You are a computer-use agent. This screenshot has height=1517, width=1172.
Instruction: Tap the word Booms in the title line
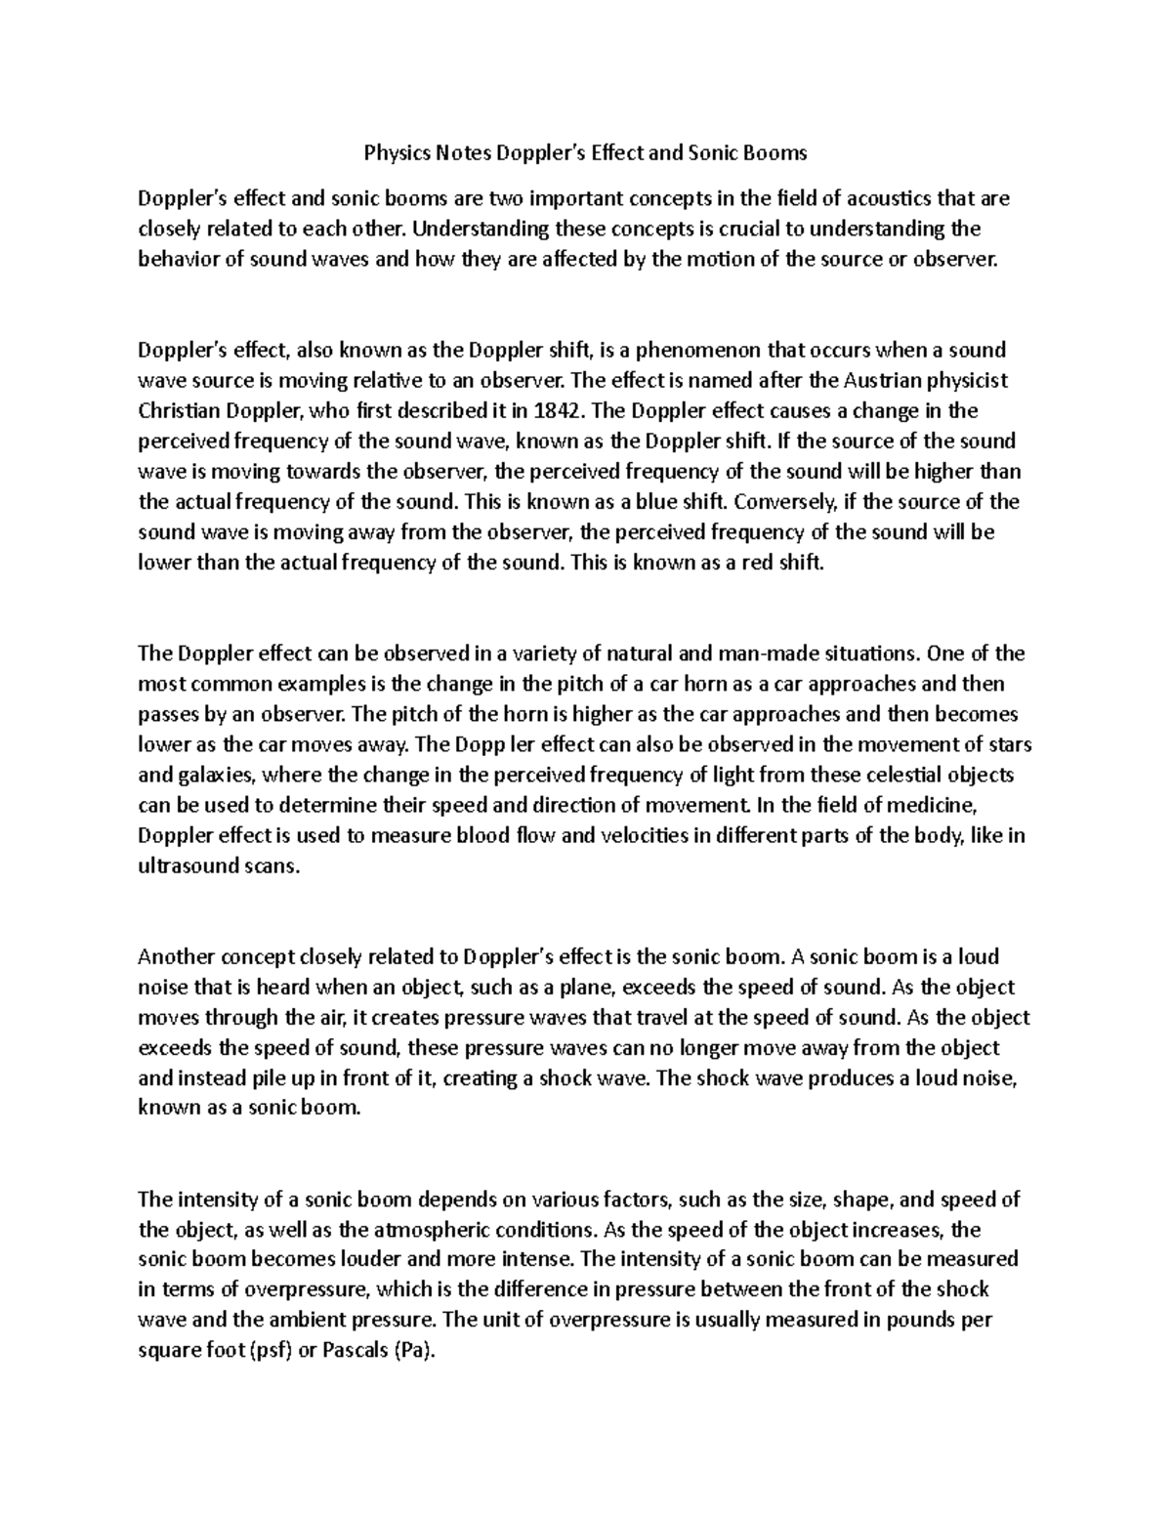point(776,152)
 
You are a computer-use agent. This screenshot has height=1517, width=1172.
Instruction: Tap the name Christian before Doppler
point(181,410)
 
